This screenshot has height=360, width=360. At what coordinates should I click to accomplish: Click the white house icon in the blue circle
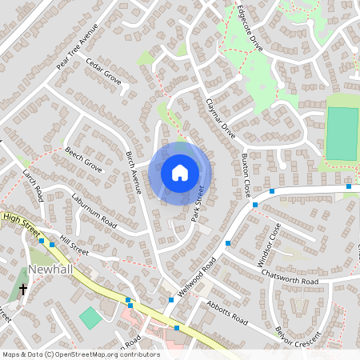[180, 172]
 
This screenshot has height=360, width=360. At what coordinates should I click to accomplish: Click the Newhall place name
[50, 270]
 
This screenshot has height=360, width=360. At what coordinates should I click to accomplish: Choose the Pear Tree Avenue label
[77, 46]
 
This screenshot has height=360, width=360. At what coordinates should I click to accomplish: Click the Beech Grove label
[83, 159]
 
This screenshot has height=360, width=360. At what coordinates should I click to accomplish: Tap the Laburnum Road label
[94, 210]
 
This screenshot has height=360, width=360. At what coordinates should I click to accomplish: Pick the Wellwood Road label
[198, 277]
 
